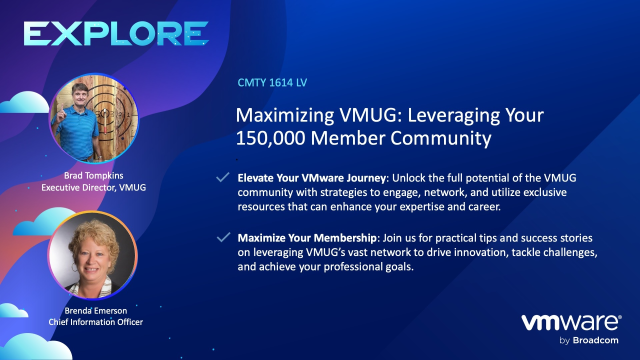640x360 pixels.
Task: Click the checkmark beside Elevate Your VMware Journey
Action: pyautogui.click(x=224, y=176)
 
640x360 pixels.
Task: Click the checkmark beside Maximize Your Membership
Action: pyautogui.click(x=224, y=238)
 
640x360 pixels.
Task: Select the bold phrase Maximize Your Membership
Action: pyautogui.click(x=300, y=238)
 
